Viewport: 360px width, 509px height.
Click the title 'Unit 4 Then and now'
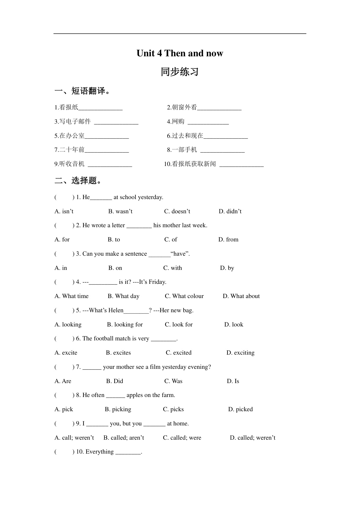click(x=180, y=53)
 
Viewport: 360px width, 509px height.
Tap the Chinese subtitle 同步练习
click(x=180, y=72)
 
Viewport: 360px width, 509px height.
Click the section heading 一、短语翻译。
click(x=83, y=91)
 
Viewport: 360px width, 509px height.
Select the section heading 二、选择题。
click(x=78, y=181)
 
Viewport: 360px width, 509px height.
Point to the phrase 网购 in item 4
click(x=178, y=122)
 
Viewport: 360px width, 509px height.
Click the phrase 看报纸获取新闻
click(x=194, y=164)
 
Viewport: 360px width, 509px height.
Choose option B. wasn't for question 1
click(x=120, y=211)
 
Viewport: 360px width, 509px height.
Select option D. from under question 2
click(x=228, y=239)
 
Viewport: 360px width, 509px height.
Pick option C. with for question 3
click(x=173, y=268)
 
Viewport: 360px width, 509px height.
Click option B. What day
click(x=124, y=296)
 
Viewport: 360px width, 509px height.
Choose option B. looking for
click(x=125, y=324)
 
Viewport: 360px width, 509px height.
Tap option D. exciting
click(x=240, y=353)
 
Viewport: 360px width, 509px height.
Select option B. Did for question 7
click(x=115, y=381)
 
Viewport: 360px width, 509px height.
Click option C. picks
click(x=173, y=409)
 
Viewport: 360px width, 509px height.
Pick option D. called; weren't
click(x=253, y=438)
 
